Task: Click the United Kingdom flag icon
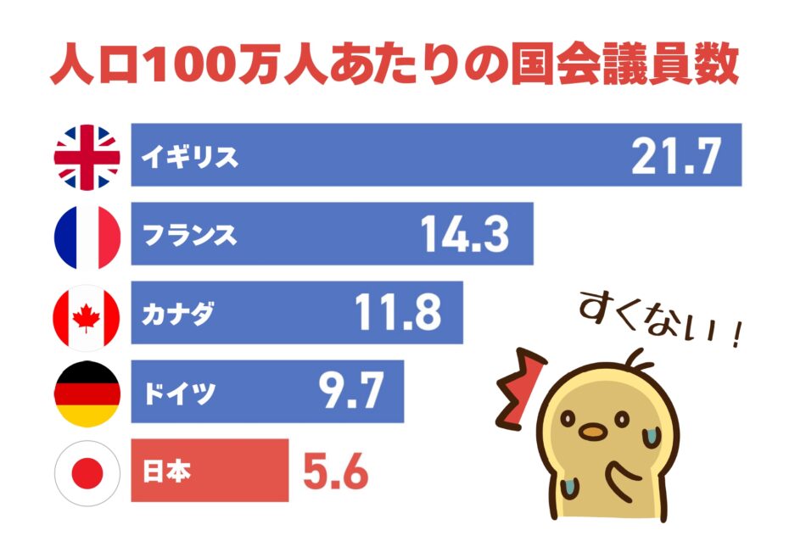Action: (87, 156)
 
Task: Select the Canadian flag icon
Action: (87, 314)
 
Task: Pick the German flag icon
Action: (87, 393)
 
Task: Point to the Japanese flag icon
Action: (87, 472)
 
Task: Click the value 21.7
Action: (675, 156)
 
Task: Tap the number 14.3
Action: (465, 235)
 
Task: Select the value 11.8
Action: (397, 314)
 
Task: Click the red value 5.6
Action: (336, 472)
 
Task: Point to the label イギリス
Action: (190, 157)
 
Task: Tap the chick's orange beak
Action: (593, 431)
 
